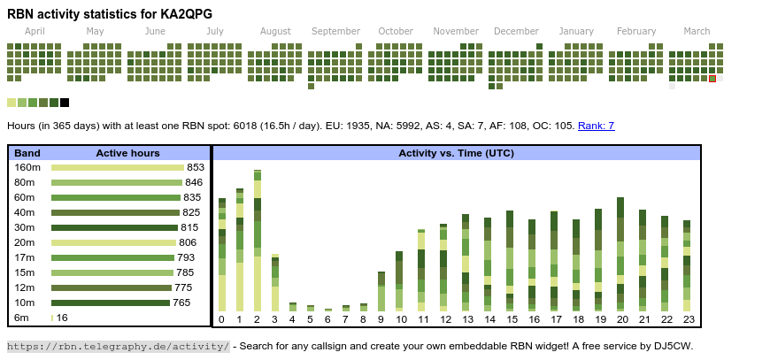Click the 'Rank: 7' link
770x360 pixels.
coord(596,126)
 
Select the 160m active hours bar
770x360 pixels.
coord(117,167)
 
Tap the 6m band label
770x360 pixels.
coord(21,318)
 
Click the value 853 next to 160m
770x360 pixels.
coord(196,167)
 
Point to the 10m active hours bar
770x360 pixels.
coord(110,303)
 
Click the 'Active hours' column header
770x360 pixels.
coord(127,153)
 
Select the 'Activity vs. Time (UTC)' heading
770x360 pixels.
coord(456,153)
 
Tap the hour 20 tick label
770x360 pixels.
coord(622,319)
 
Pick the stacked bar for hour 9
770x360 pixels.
coord(381,291)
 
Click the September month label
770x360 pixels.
coord(335,31)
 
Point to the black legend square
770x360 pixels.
coord(65,103)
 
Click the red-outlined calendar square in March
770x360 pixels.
coord(712,79)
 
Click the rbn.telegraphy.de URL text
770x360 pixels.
coord(119,346)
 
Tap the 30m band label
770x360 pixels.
coord(25,227)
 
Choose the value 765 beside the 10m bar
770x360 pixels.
coord(181,303)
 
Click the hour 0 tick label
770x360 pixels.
coord(221,319)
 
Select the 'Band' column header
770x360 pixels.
coord(27,153)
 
